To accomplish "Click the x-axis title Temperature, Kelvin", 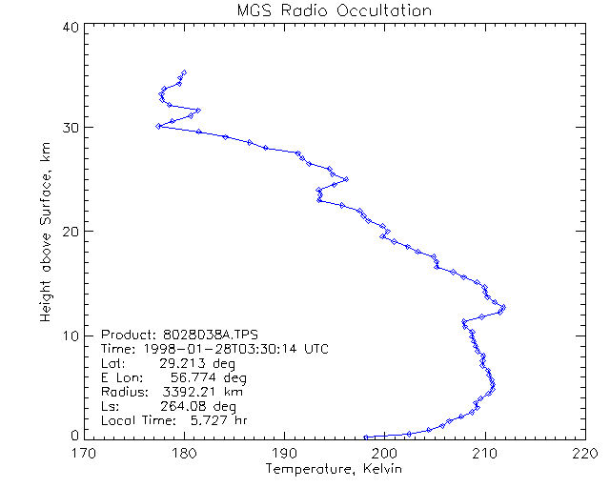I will point(334,471).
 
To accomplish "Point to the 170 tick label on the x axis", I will point(84,454).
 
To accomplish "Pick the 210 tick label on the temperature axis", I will point(485,454).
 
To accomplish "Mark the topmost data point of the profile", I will point(184,71).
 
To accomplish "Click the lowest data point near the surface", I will point(366,437).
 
